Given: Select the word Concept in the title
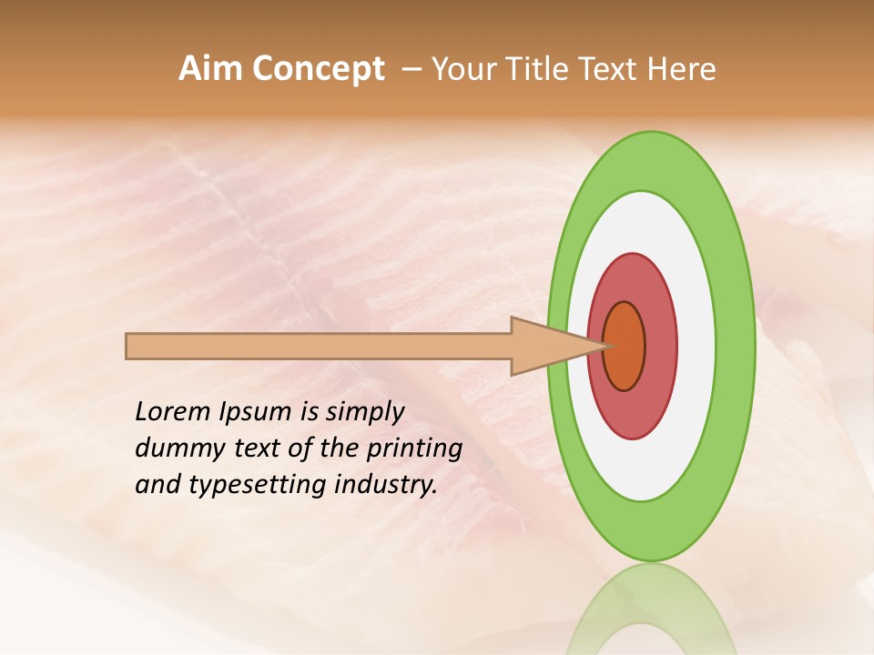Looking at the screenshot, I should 317,70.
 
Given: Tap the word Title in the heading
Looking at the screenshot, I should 536,69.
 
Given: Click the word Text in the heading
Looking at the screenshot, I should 610,69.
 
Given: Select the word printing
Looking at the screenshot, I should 414,449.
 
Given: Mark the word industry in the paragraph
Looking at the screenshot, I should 386,485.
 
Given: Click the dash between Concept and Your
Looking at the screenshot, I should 411,69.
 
